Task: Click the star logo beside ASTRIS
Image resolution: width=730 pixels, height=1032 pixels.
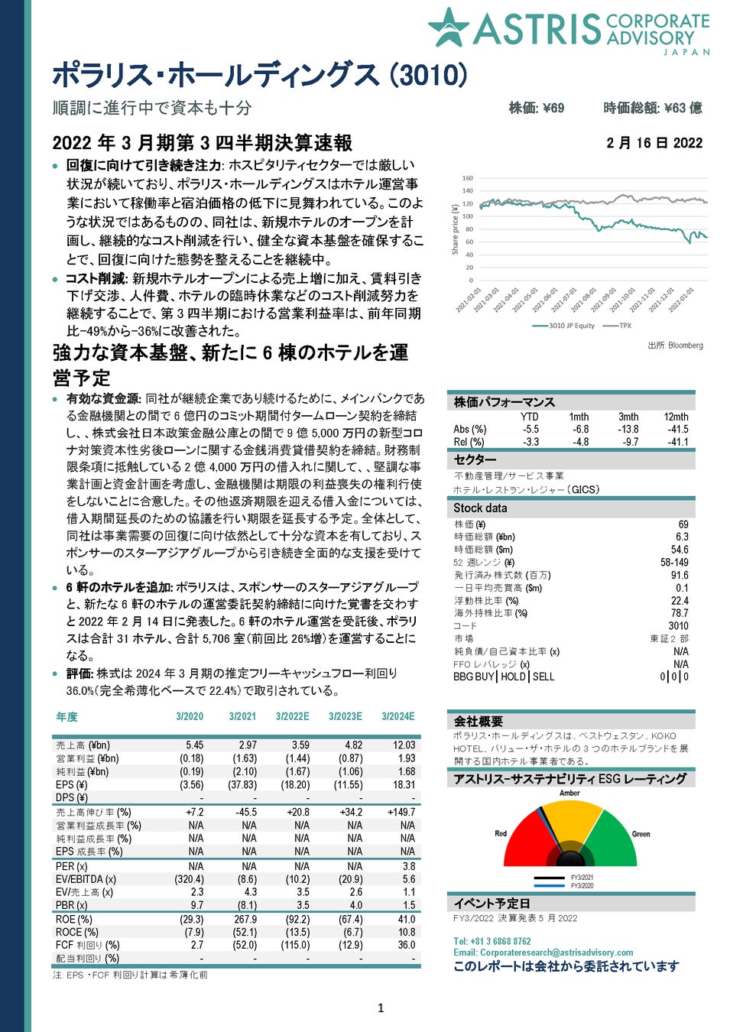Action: click(449, 28)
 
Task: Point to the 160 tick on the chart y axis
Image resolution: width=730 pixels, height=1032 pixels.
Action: click(468, 178)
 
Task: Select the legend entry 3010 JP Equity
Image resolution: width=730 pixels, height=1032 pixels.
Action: click(570, 326)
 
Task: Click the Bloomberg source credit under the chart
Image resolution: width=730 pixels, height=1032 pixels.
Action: click(675, 346)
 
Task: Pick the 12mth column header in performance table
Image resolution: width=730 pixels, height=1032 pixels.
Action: click(676, 417)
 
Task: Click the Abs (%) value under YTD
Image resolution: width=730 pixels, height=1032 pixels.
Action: click(530, 430)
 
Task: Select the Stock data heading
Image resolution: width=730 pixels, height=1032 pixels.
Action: click(480, 508)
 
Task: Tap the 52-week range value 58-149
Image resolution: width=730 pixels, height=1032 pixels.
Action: click(674, 563)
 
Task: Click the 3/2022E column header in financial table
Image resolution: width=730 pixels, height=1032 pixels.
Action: click(292, 716)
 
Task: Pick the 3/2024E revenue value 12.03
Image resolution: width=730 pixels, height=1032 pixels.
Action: click(404, 745)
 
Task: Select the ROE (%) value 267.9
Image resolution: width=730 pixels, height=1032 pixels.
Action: click(245, 920)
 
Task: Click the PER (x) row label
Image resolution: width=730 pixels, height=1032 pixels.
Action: click(71, 866)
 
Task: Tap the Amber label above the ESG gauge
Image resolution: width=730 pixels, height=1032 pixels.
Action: click(569, 793)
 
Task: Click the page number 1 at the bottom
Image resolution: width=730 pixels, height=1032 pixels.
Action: click(381, 1008)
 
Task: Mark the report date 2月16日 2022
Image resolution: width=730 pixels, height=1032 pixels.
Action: click(654, 143)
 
